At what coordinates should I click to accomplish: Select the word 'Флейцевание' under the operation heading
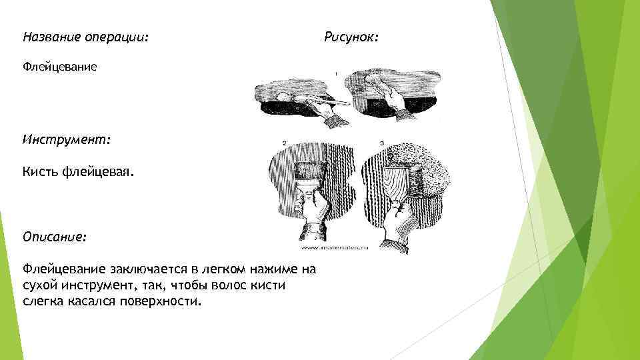pos(60,67)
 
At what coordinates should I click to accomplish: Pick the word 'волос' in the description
pos(241,285)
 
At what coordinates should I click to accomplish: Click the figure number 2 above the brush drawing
pos(284,142)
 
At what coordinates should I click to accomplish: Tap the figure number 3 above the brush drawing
pos(381,142)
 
